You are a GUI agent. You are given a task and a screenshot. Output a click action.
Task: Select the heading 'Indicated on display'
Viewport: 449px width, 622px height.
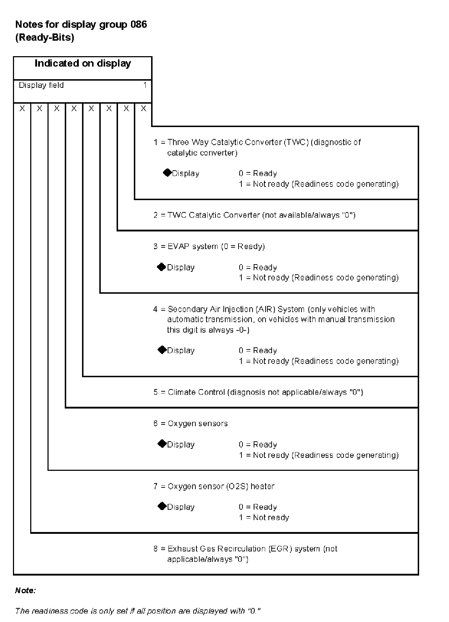[83, 64]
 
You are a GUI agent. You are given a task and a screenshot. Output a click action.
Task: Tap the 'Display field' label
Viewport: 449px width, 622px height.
[41, 85]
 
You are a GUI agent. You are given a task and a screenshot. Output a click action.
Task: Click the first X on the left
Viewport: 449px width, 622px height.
[22, 108]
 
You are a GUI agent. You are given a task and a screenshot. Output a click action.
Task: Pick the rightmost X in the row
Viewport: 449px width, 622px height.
[144, 108]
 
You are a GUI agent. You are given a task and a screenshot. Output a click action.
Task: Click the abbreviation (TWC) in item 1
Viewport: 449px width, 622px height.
[296, 142]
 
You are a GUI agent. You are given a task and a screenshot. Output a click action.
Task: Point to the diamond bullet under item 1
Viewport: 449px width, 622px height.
[167, 173]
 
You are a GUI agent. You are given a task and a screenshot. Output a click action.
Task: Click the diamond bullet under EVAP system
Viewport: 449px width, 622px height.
[162, 267]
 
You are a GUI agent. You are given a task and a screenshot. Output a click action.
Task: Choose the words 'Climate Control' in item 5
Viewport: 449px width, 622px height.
[196, 392]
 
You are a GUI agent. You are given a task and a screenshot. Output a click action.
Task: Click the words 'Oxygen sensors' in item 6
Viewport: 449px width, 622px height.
[198, 424]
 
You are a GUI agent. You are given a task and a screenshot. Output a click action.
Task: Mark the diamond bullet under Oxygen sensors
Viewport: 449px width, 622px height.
[162, 444]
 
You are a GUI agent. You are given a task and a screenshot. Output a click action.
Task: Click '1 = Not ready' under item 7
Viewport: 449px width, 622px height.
[264, 518]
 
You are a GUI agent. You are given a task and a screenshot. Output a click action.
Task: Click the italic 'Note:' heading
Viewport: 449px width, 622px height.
[25, 591]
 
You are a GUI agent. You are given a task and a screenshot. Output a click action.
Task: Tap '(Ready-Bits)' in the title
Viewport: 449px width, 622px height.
[45, 38]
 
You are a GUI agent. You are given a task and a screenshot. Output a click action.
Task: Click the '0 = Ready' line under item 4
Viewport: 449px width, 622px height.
[258, 351]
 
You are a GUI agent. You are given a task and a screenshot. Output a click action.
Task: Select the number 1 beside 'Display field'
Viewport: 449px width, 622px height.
[145, 85]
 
